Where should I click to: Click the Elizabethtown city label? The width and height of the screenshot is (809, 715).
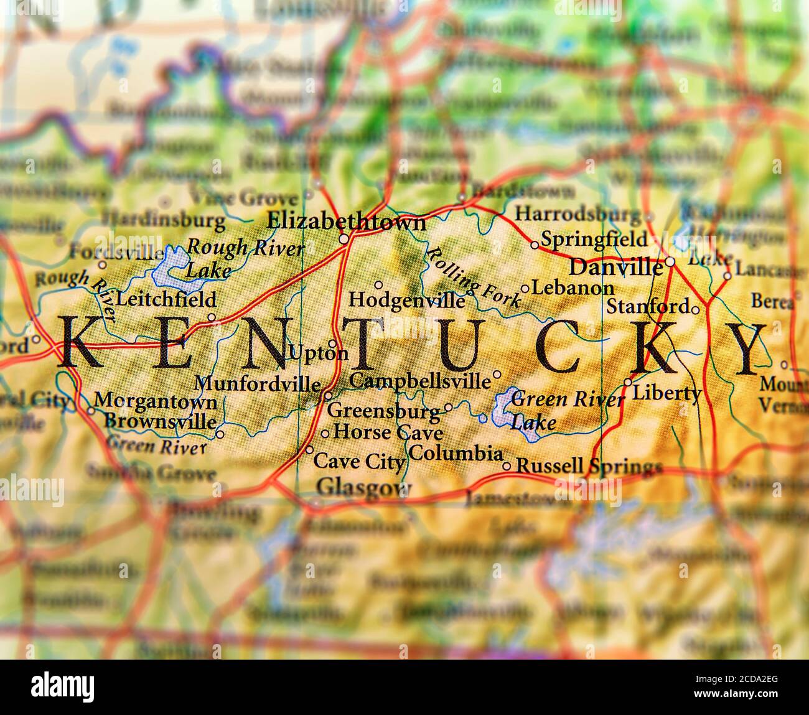pos(346,222)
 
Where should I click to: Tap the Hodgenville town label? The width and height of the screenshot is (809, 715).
pos(406,300)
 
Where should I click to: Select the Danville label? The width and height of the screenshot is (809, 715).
pos(616,267)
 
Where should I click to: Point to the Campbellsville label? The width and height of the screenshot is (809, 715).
pos(419,379)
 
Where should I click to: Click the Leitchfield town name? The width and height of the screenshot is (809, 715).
pos(166,299)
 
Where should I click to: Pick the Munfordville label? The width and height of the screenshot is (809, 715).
pos(258,383)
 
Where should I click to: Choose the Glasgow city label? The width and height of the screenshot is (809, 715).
pos(364,486)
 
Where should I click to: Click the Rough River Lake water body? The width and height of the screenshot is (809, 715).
pos(169,263)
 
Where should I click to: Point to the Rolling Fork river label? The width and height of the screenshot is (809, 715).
pos(473,278)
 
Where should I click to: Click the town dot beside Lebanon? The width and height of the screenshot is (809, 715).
pos(525,289)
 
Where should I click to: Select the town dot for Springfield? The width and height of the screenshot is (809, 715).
pos(535,245)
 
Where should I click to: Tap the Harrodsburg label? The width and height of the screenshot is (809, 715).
pos(577,215)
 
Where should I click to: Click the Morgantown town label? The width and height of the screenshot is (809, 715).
pos(156,401)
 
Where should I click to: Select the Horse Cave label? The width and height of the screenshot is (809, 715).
pos(388,432)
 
